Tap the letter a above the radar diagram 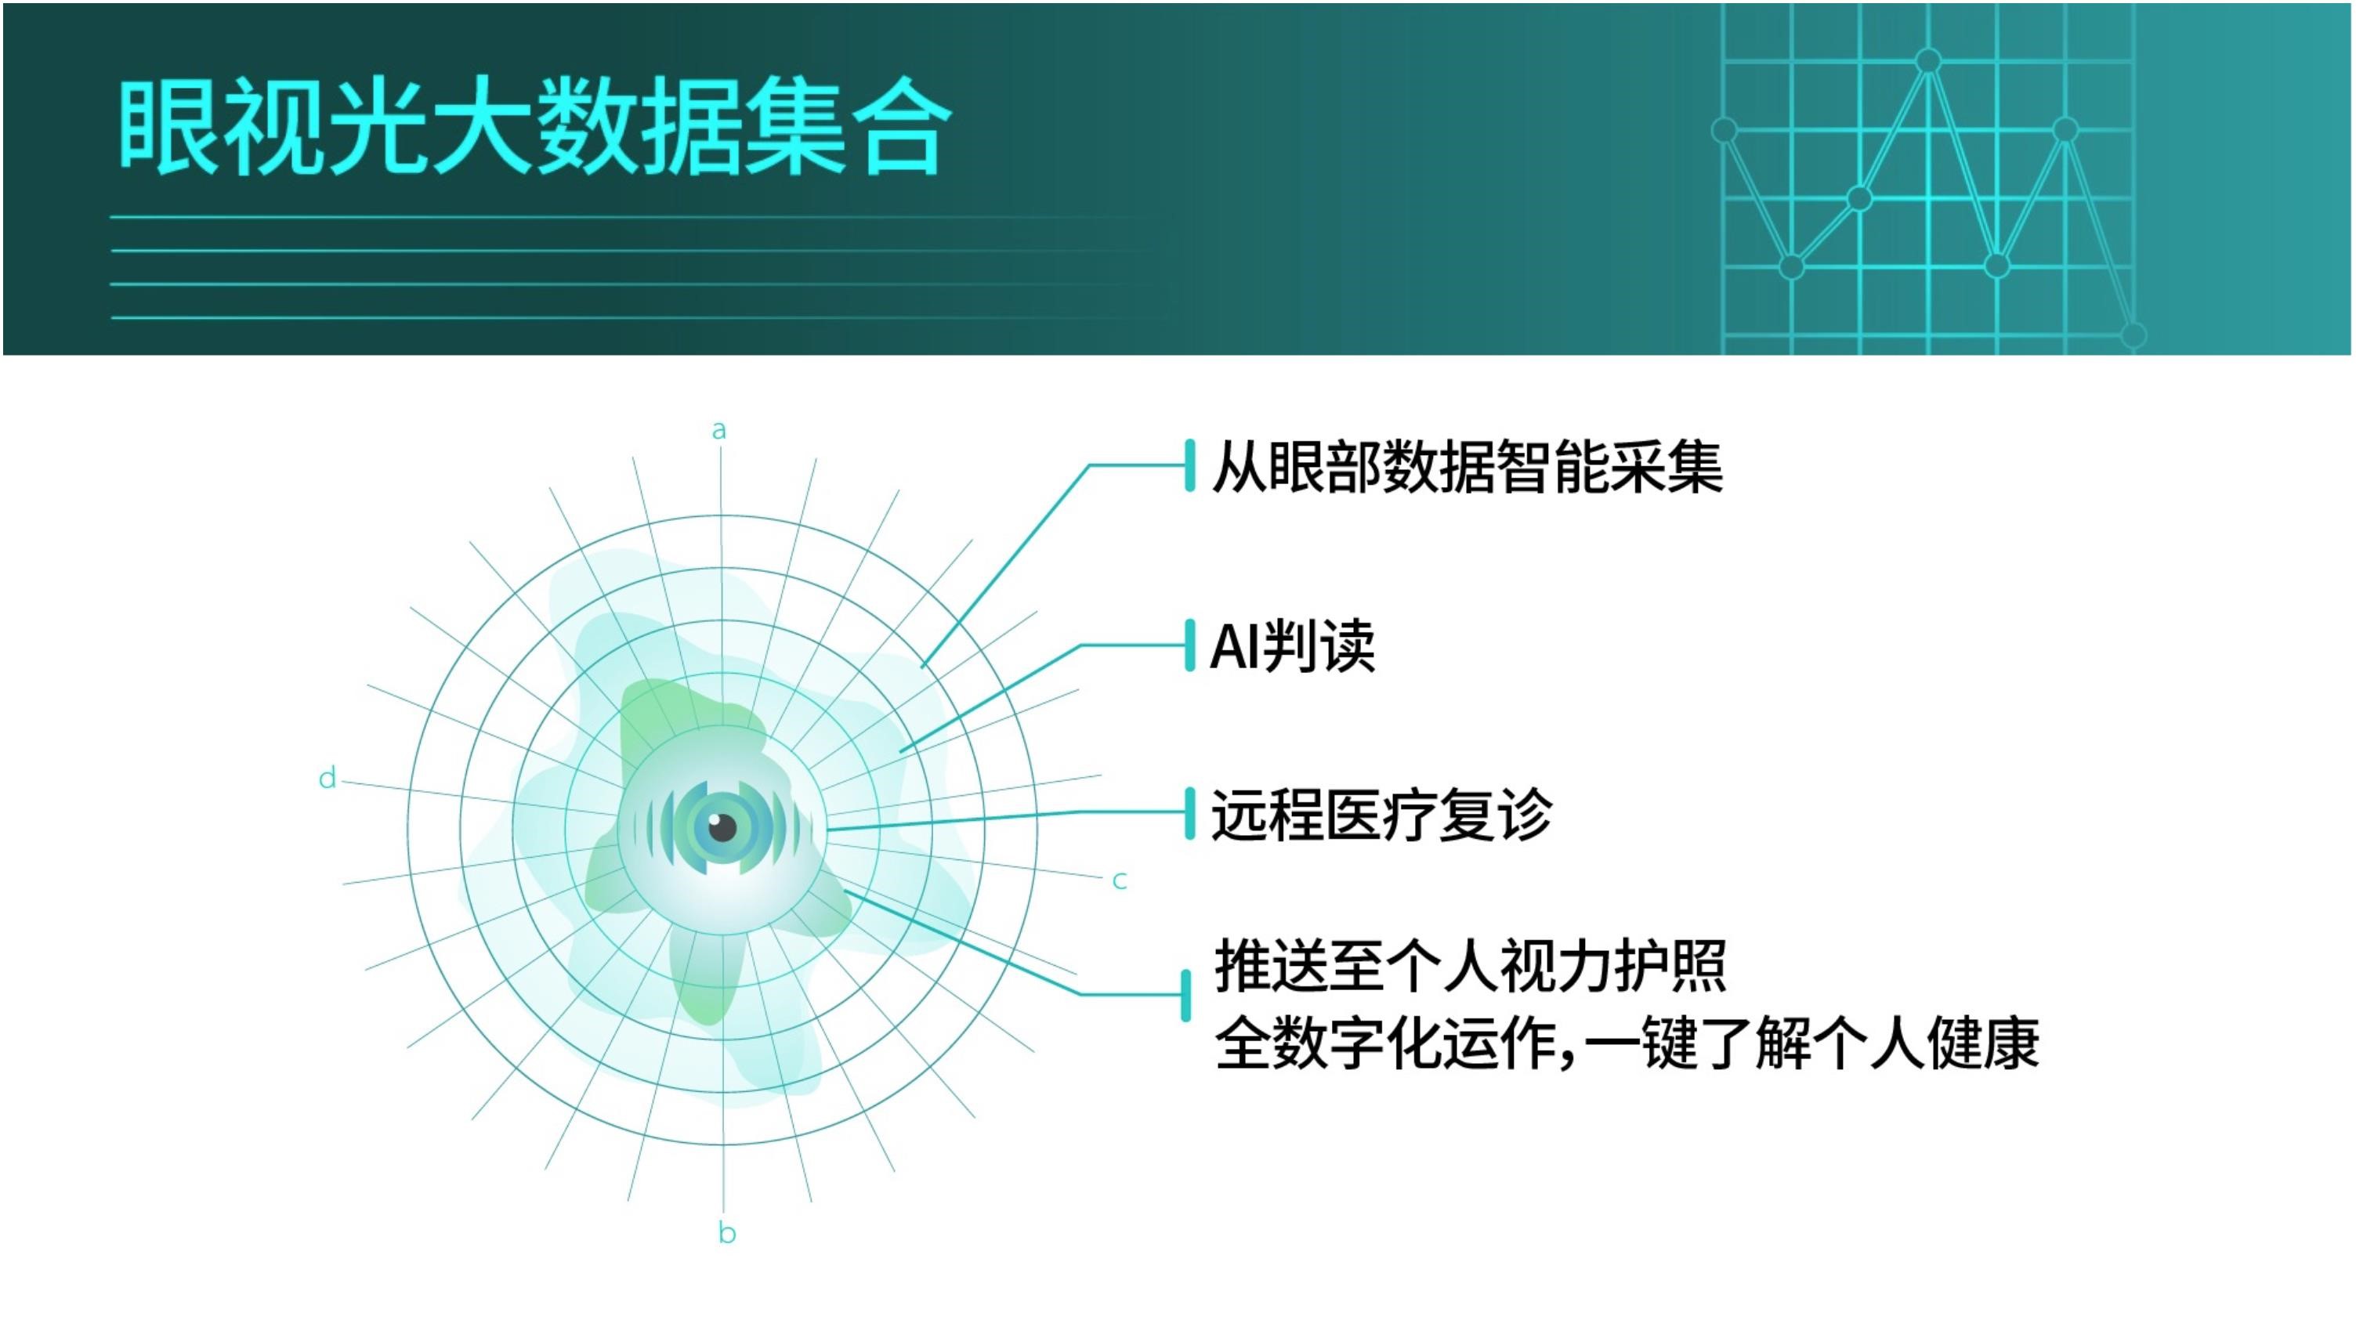(x=719, y=430)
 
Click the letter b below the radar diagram (x=727, y=1233)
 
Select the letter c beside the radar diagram (x=1120, y=880)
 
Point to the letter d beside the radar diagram (x=328, y=779)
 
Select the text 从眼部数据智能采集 (x=1467, y=468)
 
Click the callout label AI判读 (x=1292, y=646)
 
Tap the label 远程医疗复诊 (x=1382, y=814)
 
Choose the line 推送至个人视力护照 (x=1470, y=966)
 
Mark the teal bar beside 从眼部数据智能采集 (x=1190, y=465)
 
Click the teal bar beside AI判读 (x=1190, y=645)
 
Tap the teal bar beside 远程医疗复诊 (x=1190, y=813)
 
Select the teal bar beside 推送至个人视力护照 (x=1186, y=996)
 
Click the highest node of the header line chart (x=1928, y=61)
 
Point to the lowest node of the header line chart (x=2133, y=334)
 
